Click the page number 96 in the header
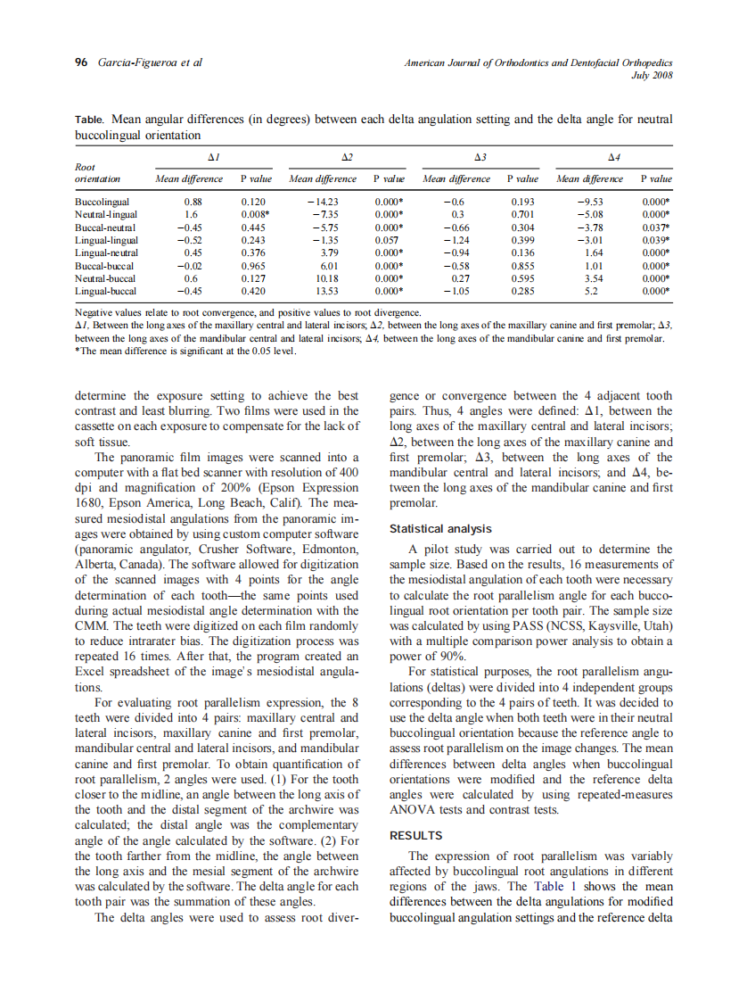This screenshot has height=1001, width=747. [80, 62]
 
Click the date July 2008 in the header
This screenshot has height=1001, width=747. [652, 75]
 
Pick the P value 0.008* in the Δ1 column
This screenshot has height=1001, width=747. [256, 215]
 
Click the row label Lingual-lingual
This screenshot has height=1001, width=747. [106, 240]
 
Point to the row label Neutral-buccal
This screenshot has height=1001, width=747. [104, 278]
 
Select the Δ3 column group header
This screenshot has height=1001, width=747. [480, 157]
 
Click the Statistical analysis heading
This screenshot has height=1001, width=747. [440, 529]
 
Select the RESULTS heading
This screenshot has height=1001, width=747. [415, 836]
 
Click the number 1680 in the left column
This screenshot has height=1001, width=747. [90, 501]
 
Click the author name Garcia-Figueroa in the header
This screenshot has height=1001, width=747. [135, 62]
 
